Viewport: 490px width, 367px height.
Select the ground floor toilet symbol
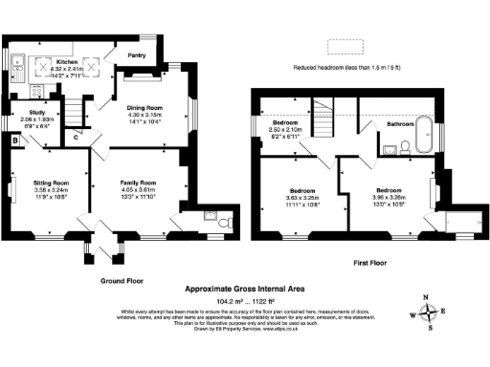(222, 222)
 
